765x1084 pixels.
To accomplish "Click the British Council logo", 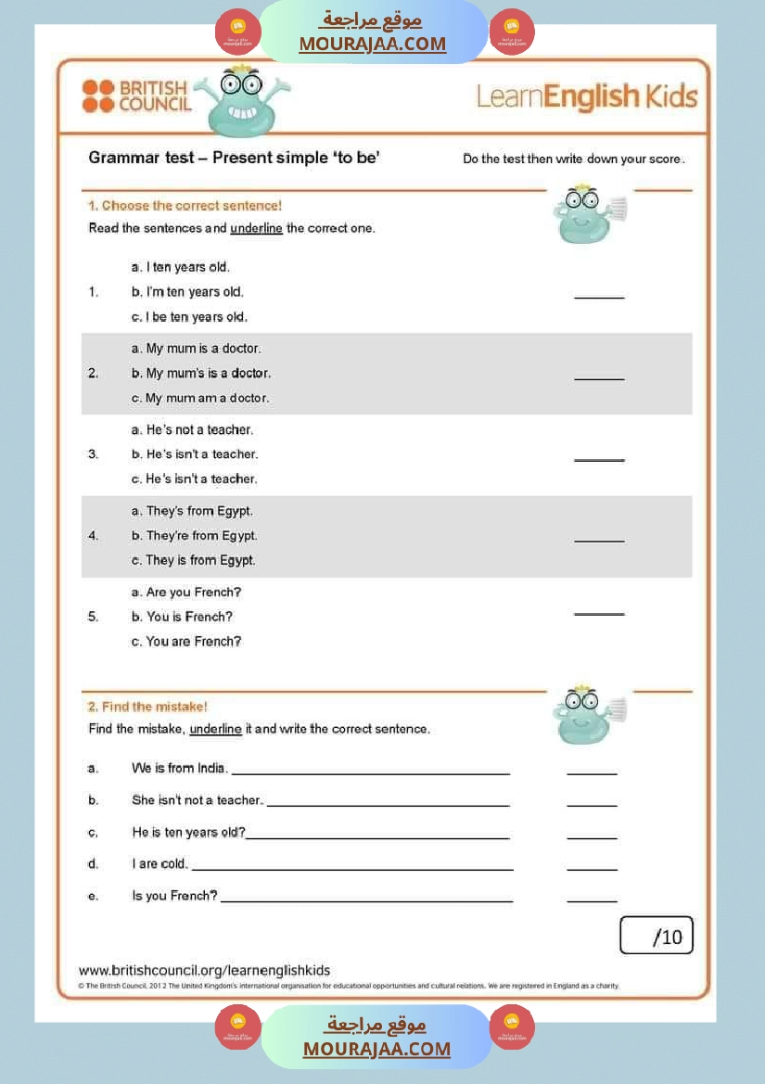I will pos(136,96).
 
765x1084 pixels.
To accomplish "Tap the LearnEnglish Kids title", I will pos(586,96).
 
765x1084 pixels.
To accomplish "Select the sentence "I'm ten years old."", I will pos(195,292).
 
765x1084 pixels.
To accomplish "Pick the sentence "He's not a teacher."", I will pos(199,430).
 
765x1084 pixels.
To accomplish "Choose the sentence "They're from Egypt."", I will pos(201,536).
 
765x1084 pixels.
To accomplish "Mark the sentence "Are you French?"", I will pos(193,593).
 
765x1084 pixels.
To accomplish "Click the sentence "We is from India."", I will pos(180,769).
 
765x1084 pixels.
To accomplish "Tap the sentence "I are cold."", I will pos(159,864).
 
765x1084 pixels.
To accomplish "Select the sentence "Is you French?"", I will pos(174,896).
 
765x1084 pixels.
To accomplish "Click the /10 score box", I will pos(657,937).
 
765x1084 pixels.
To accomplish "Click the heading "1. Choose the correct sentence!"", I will pos(185,206).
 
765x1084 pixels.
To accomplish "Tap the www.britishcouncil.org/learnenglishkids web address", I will pos(204,970).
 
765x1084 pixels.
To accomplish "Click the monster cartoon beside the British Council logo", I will pos(242,99).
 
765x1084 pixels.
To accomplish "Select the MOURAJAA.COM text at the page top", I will pos(373,44).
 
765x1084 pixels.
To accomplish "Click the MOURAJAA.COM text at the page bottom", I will pos(376,1049).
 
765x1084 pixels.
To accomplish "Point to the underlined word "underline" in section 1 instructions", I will pos(256,228).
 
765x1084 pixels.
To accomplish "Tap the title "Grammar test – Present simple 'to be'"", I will pos(234,158).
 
